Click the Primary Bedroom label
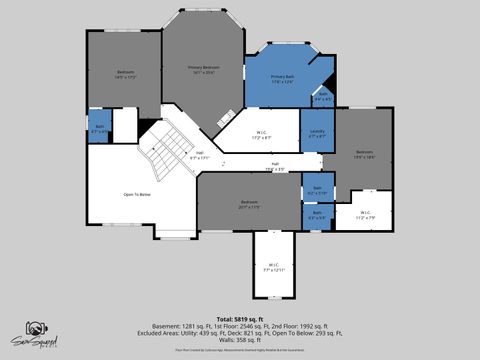[x=203, y=69]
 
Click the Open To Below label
[x=136, y=194]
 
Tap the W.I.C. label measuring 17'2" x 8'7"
[x=258, y=134]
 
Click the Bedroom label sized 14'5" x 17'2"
[x=125, y=73]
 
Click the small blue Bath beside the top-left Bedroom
[x=98, y=128]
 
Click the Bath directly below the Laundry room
[x=317, y=189]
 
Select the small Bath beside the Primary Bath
[x=322, y=98]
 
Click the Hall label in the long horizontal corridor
[x=275, y=167]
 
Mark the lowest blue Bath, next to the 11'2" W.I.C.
[x=317, y=214]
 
